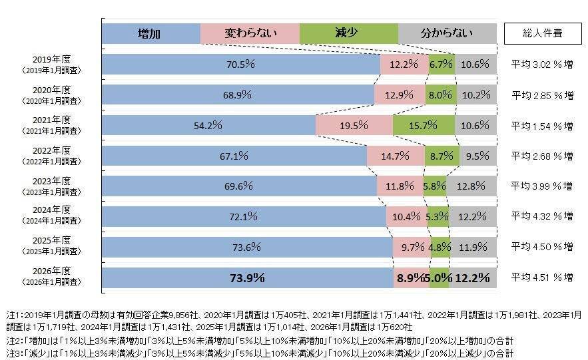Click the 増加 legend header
click(150, 33)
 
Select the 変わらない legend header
click(250, 33)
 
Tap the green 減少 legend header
click(348, 33)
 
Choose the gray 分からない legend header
click(447, 33)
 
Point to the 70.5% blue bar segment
click(240, 64)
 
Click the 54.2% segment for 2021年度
click(208, 125)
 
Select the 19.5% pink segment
click(354, 125)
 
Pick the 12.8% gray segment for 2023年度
click(471, 186)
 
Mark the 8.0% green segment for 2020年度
click(440, 94)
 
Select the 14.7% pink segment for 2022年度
click(396, 156)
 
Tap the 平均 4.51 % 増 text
click(541, 277)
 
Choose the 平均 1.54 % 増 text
click(541, 125)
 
